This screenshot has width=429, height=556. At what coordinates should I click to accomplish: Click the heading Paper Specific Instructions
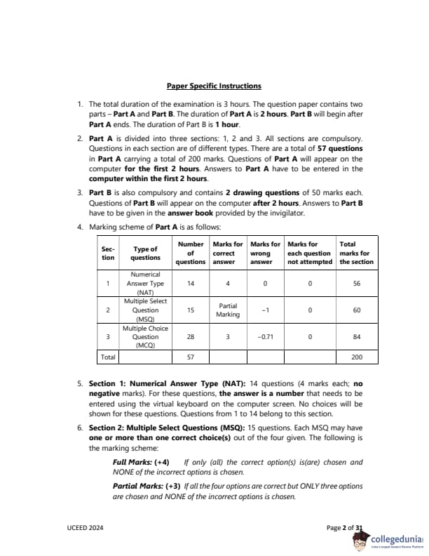[214, 86]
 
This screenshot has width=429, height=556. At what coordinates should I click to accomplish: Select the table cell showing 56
[356, 284]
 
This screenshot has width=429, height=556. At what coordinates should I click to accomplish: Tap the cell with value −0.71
[261, 337]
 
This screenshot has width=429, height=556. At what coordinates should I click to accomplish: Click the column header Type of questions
[145, 253]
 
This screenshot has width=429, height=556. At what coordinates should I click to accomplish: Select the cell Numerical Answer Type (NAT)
[145, 284]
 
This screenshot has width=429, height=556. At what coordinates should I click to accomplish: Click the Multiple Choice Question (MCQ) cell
[145, 337]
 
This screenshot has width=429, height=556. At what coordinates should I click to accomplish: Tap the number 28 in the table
[191, 337]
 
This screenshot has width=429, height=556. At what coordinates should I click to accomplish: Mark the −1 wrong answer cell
[261, 310]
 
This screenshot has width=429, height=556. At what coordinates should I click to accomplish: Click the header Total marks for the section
[356, 253]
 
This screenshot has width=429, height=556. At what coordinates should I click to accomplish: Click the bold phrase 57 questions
[339, 149]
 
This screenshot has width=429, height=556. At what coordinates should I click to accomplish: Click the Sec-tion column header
[107, 253]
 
